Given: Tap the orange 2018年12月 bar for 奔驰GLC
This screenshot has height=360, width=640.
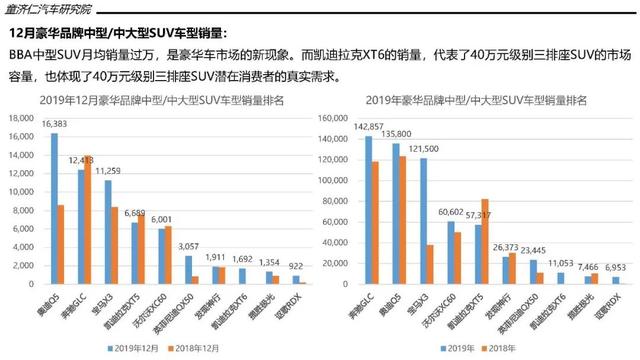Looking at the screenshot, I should click(87, 221).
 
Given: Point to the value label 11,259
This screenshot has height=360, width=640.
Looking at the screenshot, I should click(109, 171).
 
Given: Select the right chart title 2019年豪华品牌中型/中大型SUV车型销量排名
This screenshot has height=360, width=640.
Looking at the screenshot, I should click(479, 100).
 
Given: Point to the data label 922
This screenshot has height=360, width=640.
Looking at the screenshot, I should click(297, 265).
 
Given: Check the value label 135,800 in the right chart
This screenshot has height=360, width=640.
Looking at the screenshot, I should click(397, 133).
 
